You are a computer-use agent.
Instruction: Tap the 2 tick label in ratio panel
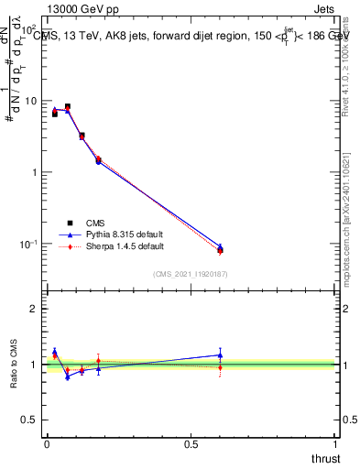[x=34, y=309]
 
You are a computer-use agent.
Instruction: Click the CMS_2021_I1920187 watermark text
[x=190, y=274]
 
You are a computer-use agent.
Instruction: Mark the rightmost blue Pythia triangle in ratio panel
[x=220, y=354]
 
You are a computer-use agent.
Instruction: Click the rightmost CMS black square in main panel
[x=220, y=249]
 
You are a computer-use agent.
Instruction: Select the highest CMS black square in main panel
[x=68, y=107]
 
